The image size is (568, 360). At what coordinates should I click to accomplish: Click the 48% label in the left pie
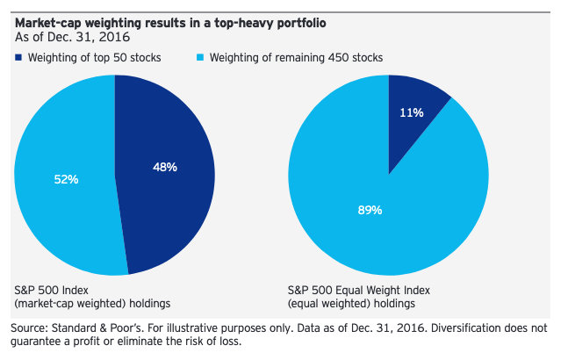(x=164, y=167)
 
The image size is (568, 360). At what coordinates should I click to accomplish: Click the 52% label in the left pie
(x=66, y=179)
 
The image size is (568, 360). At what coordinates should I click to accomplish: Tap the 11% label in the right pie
(x=413, y=112)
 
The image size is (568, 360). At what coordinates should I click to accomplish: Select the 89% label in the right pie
(x=370, y=210)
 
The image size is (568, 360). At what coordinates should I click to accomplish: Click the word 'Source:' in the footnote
(x=32, y=328)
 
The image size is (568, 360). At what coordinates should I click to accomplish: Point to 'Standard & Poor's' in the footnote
(x=102, y=328)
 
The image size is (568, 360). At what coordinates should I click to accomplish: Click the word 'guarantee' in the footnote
(x=39, y=342)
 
